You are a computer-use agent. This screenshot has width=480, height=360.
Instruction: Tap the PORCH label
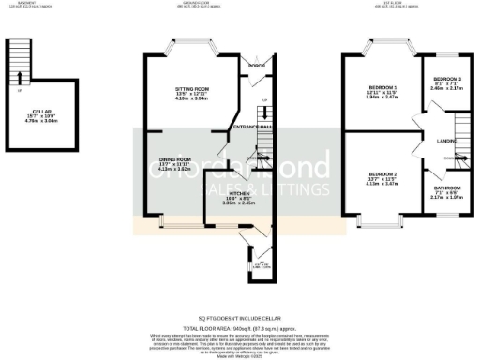[x=255, y=65]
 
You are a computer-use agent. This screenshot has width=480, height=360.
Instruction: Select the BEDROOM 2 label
[x=382, y=174]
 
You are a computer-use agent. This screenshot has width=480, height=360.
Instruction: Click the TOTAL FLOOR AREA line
[x=239, y=327]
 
